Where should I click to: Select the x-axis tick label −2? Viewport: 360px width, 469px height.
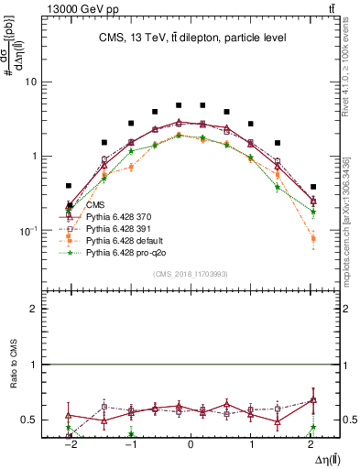69,444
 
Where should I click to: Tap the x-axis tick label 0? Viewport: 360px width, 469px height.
191,444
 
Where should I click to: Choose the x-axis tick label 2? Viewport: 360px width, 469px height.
313,444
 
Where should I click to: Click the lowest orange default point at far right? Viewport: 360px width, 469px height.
313,239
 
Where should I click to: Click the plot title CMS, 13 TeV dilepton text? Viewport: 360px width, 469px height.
191,38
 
